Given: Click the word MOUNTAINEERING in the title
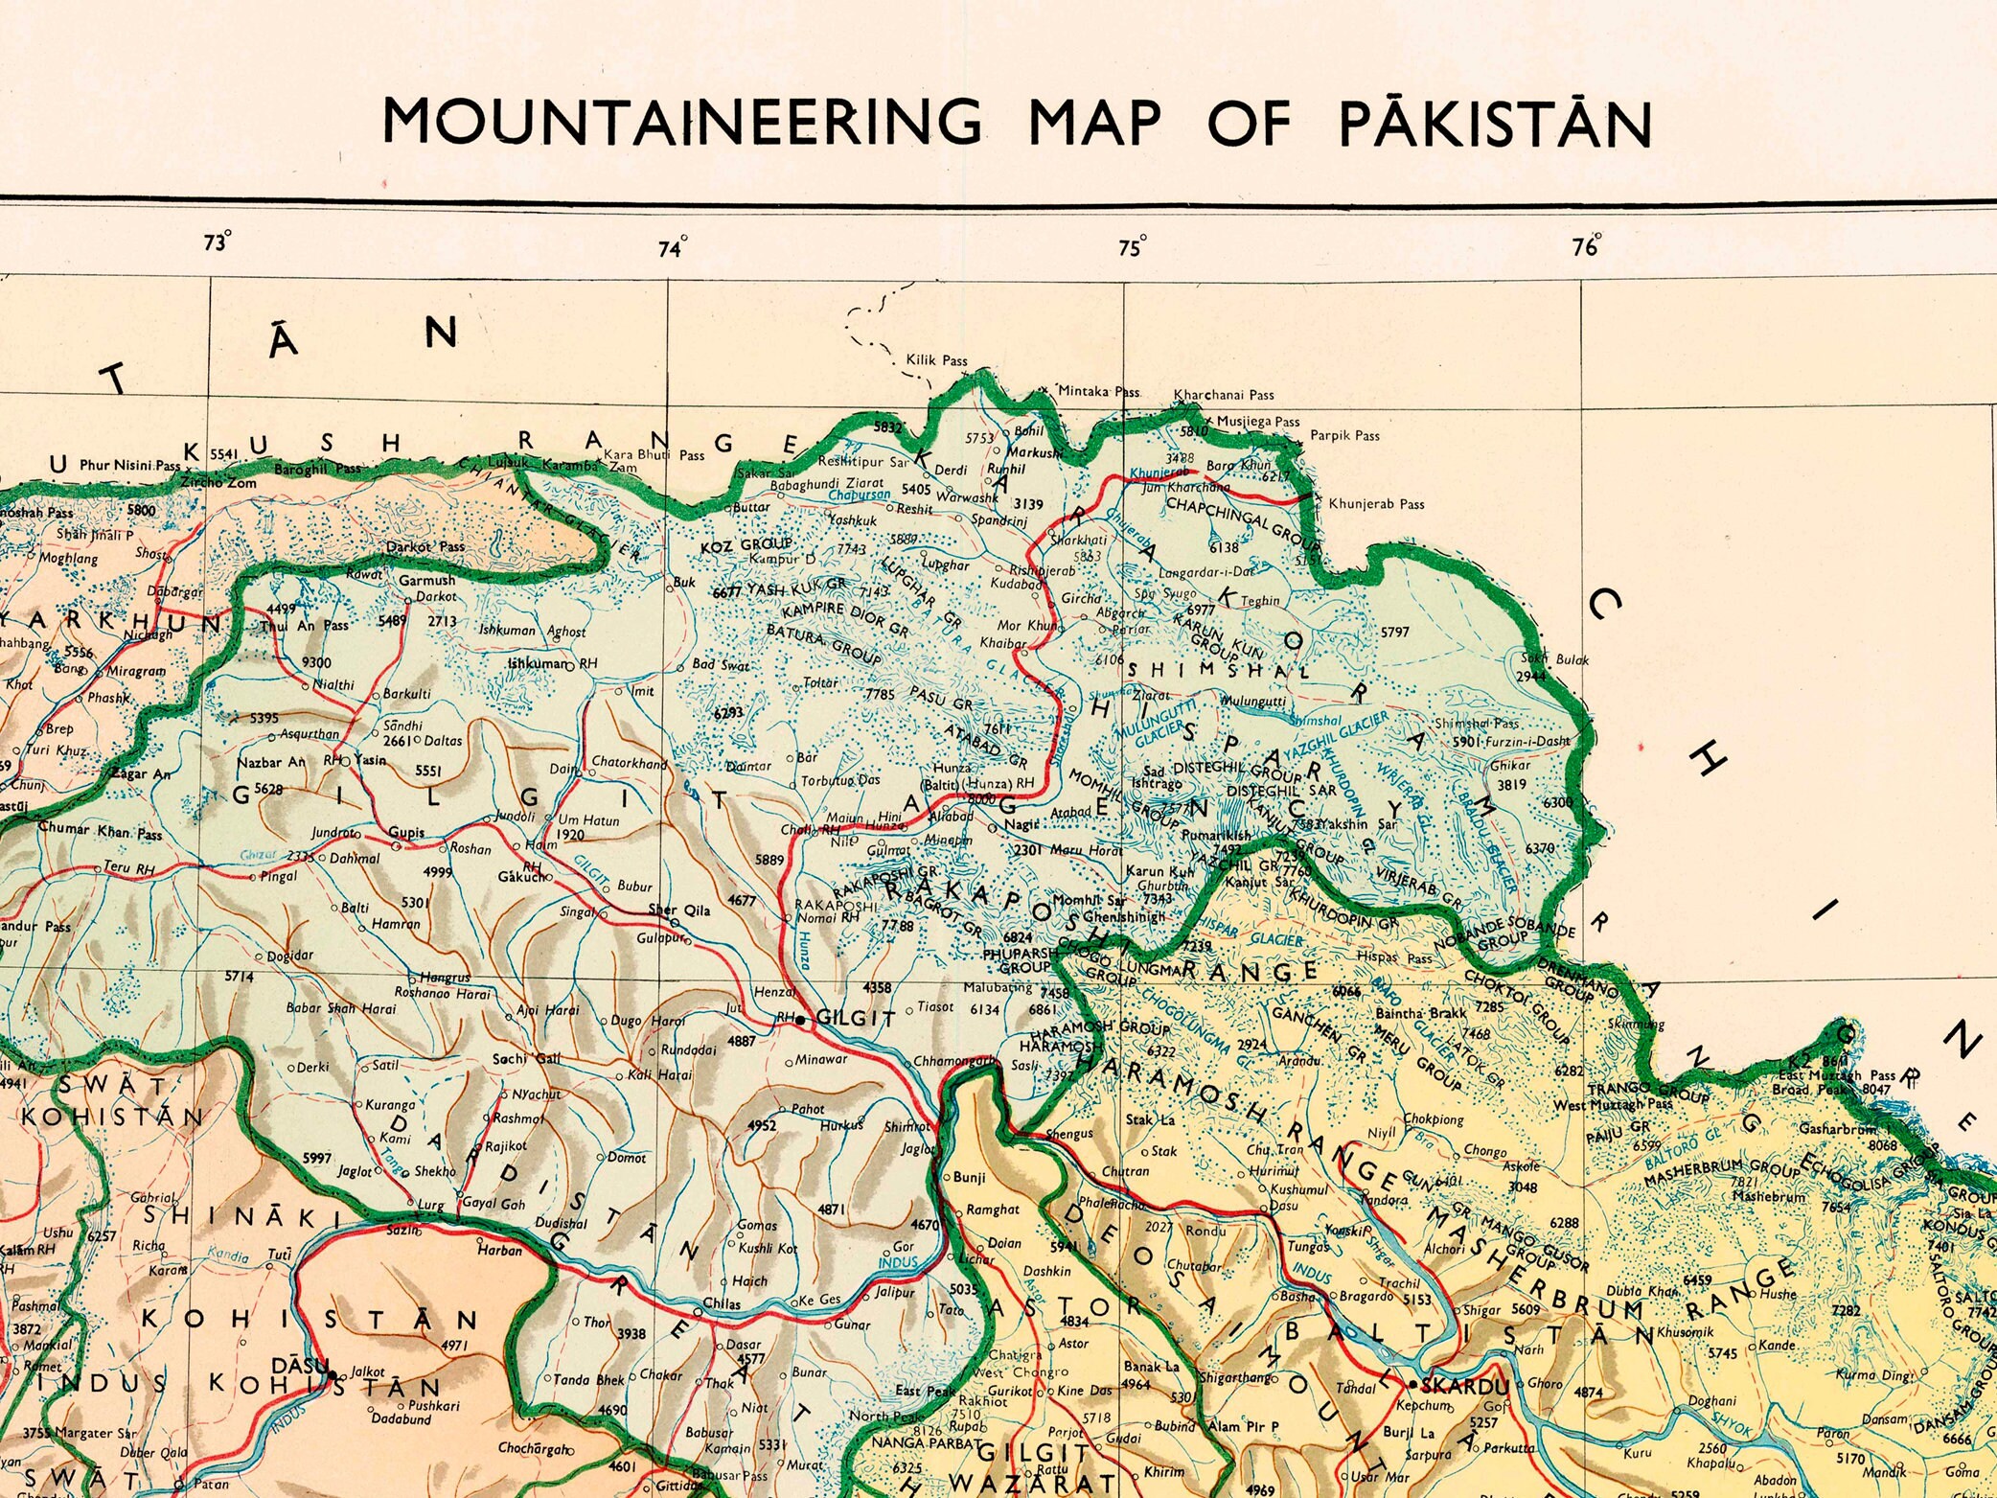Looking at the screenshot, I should [x=681, y=123].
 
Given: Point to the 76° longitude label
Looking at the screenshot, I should [x=1586, y=246].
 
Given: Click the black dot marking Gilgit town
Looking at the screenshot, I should [x=801, y=1021].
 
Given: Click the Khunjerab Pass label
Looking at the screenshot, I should [x=1376, y=504].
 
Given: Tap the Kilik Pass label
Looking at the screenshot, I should [x=936, y=360].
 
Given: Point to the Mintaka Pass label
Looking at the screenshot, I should [x=1099, y=391].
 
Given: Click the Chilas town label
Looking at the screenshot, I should [x=722, y=1303].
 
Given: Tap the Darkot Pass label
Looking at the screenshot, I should [x=425, y=547].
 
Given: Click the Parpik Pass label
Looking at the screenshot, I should [x=1344, y=435].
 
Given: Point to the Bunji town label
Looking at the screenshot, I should [x=969, y=1177].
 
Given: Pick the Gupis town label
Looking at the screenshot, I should [x=406, y=832].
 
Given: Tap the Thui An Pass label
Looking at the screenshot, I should [x=304, y=626].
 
